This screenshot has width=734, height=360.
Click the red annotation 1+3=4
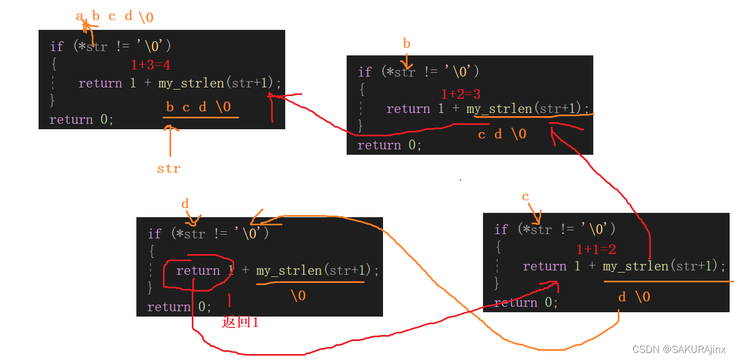[150, 65]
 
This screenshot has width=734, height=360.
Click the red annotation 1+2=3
[460, 94]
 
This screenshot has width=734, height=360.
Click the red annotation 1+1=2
[596, 250]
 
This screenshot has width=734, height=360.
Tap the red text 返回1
[240, 322]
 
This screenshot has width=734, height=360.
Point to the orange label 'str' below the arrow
[168, 169]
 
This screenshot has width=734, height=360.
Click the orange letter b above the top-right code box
[406, 44]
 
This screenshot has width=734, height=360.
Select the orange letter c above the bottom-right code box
[525, 197]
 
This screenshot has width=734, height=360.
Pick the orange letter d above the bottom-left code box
[185, 204]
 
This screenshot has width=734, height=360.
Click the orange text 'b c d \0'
[198, 107]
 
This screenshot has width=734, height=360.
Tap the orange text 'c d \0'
[502, 134]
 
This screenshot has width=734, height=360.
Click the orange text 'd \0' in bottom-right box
[634, 297]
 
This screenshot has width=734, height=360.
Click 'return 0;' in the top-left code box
[81, 119]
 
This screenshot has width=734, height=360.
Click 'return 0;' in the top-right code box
[389, 145]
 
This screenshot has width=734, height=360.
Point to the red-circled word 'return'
[198, 270]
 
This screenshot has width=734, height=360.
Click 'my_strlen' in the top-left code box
[191, 84]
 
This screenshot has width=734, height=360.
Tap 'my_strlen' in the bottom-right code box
[636, 266]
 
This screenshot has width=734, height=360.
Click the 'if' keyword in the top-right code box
[365, 72]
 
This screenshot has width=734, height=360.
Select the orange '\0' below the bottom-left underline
[298, 296]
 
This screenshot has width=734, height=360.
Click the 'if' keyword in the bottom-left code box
[154, 234]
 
